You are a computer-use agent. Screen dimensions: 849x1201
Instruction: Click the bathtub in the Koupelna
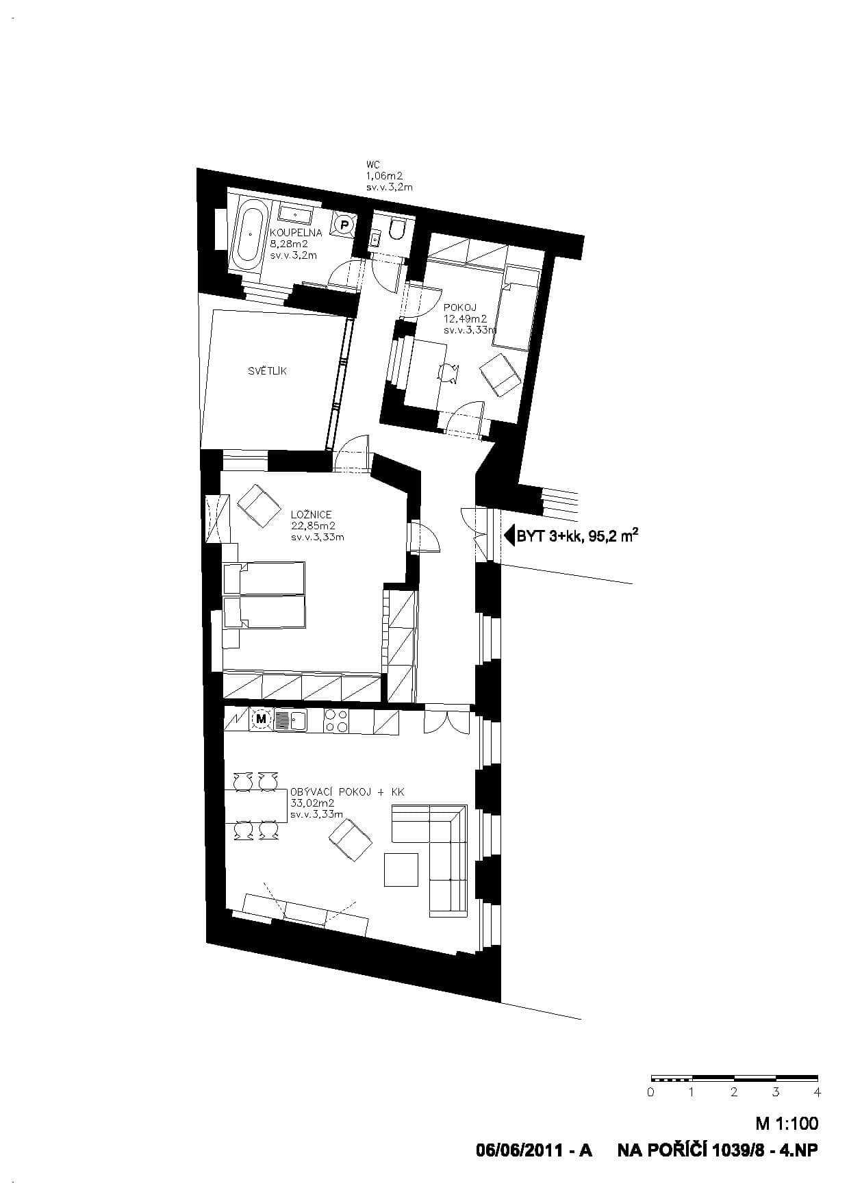249,236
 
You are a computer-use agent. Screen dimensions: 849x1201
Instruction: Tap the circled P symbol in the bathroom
345,224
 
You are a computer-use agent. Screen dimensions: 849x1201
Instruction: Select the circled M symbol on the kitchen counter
261,719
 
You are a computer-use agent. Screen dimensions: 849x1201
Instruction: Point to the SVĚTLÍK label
267,371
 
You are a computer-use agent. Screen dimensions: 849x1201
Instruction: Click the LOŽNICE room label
312,514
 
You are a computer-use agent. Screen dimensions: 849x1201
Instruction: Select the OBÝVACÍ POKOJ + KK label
348,792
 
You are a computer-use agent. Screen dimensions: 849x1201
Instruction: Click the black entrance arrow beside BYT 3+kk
509,535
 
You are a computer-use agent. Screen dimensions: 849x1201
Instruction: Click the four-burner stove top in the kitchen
336,720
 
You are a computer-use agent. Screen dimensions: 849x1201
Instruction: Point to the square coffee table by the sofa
401,870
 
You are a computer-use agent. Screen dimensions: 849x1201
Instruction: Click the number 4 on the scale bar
817,1092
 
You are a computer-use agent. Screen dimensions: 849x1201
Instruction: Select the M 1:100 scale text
787,1124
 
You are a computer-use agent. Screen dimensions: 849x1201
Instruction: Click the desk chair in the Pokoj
448,372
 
